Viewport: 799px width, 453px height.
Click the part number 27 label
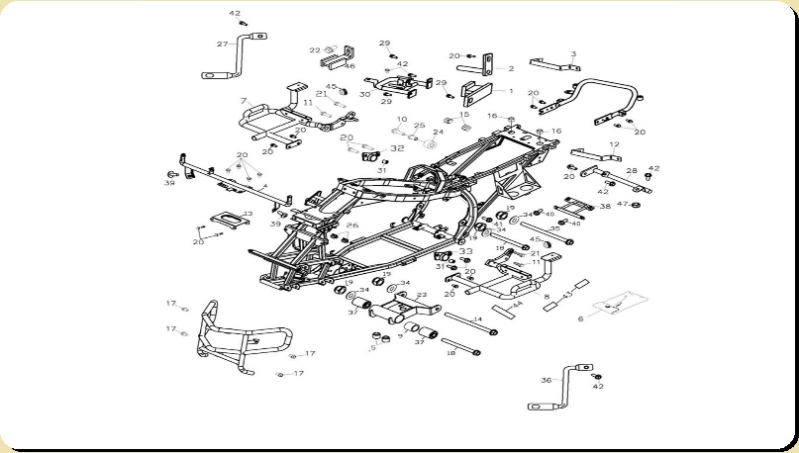pos(222,44)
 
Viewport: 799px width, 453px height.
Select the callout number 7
pos(243,101)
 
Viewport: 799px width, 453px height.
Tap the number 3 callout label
pos(573,54)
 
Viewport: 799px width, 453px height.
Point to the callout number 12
pos(615,145)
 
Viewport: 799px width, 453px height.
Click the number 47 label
pos(621,204)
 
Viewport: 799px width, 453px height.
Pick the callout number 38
pos(605,207)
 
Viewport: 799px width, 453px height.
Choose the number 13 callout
pos(248,213)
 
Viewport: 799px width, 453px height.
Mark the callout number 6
pos(580,318)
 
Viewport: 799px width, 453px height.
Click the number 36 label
pos(546,380)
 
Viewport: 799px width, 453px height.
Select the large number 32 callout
pos(397,148)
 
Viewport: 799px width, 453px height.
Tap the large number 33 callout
pos(465,251)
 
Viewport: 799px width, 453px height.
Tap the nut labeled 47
pos(637,205)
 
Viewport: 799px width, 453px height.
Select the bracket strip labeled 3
pos(553,64)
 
